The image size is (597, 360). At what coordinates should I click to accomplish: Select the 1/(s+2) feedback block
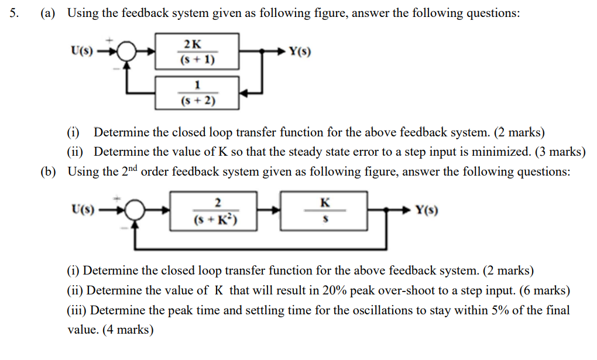pyautogui.click(x=197, y=92)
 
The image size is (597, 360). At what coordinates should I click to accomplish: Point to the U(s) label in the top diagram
pyautogui.click(x=81, y=51)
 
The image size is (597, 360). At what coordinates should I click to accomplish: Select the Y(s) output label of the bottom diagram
pyautogui.click(x=426, y=210)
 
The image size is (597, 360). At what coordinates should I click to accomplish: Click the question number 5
pyautogui.click(x=14, y=12)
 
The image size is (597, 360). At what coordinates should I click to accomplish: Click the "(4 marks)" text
pyautogui.click(x=128, y=330)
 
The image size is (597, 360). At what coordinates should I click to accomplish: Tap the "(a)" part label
pyautogui.click(x=47, y=12)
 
